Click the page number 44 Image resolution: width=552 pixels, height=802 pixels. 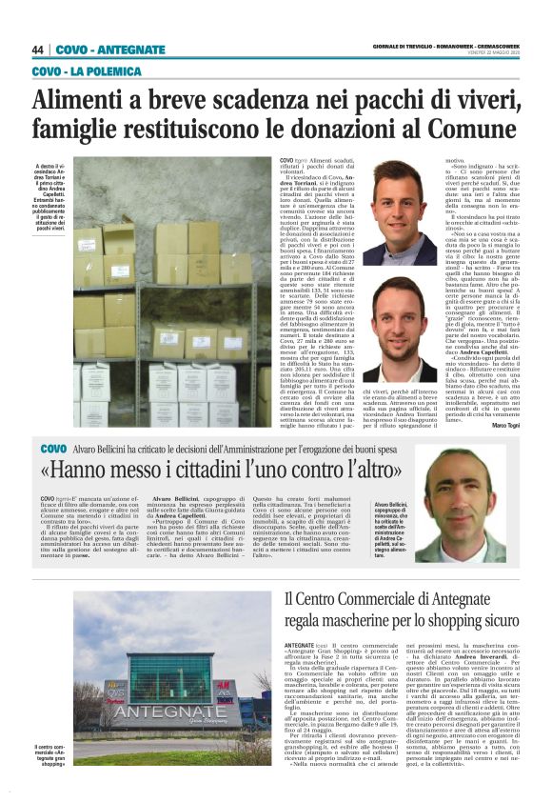(x=38, y=50)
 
